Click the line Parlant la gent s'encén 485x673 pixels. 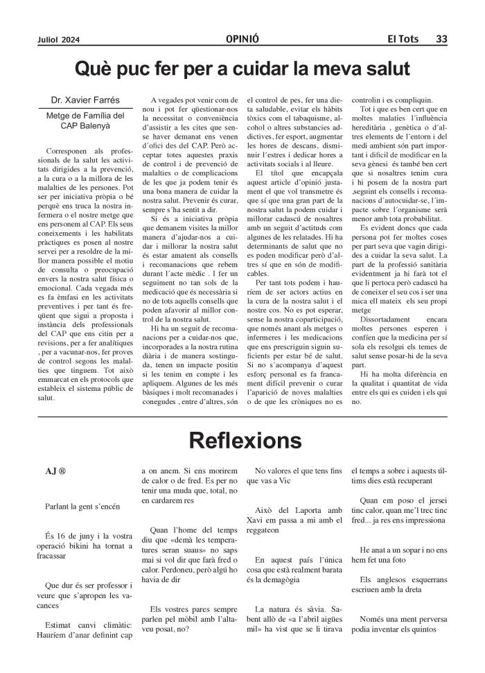[x=83, y=506]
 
